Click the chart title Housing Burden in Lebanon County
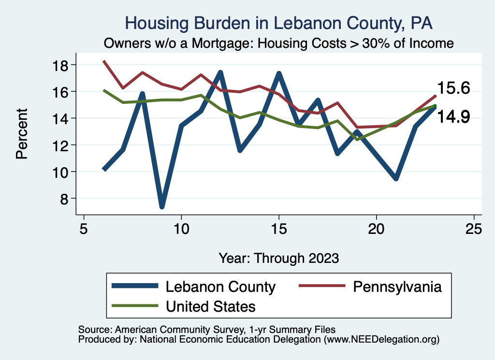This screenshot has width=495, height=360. pos(279,23)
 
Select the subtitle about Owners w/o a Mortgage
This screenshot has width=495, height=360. pos(279,43)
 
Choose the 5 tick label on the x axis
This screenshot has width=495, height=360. pos(84,228)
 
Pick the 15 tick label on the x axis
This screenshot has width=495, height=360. pos(278,228)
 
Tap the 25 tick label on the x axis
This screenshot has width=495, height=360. pos(473,228)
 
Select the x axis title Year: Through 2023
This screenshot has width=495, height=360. pos(278,258)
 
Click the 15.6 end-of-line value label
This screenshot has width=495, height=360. pos(453,88)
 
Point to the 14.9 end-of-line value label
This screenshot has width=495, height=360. pos(453,116)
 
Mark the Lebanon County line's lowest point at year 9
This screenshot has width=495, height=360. pos(162,206)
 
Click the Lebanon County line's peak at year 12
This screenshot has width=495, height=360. pos(220,73)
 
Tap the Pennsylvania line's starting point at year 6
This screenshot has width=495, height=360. pos(104,61)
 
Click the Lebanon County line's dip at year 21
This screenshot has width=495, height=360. pos(396,178)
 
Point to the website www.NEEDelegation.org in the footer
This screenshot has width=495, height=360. pos(382,339)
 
